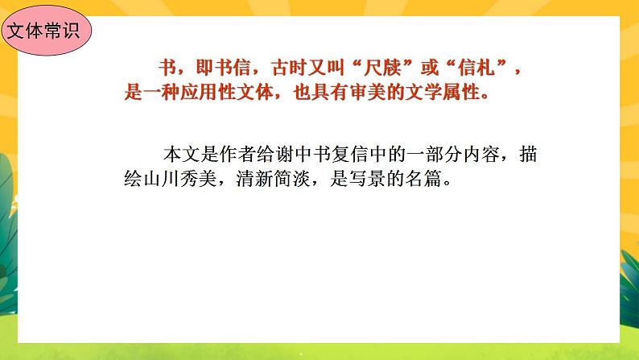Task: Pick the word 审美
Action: tap(383, 92)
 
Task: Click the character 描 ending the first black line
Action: tap(528, 153)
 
